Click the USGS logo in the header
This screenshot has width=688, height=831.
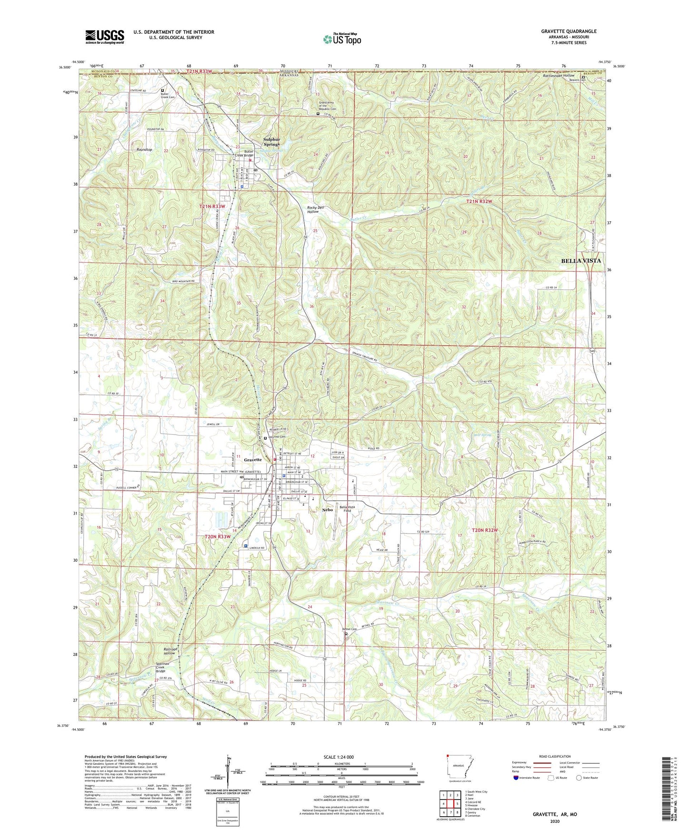105,37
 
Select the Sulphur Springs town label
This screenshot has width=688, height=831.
271,141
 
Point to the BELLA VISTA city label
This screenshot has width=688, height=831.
580,261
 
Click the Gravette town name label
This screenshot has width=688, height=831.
253,460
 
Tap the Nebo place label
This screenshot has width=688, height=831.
327,509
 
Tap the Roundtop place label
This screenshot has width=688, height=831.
144,149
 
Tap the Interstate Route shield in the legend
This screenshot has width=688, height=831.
516,778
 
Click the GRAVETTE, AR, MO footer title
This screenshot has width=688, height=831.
555,814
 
